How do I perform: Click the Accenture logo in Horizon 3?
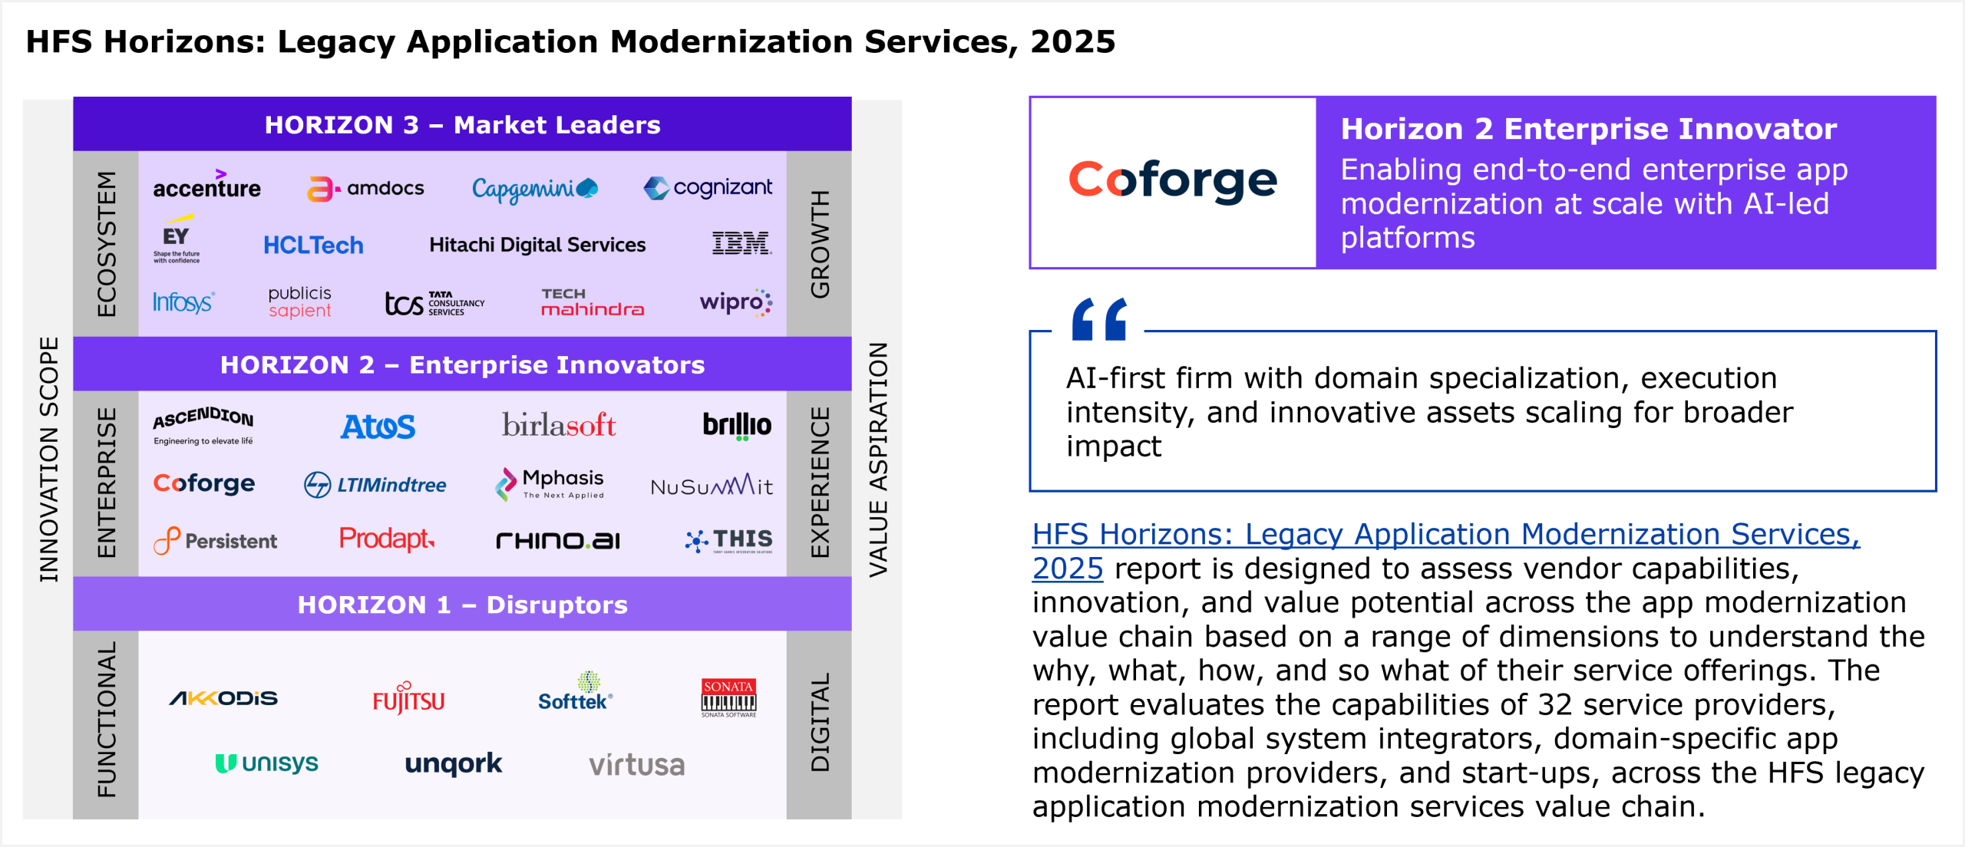[206, 187]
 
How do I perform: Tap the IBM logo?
[741, 243]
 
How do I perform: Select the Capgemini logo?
[534, 189]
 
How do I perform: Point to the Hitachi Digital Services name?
[537, 245]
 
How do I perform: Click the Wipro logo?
[735, 302]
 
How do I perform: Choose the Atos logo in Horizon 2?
[378, 427]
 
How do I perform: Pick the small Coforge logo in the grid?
[204, 483]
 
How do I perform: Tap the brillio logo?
[737, 426]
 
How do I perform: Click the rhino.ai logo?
[558, 541]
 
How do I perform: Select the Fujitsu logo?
[408, 699]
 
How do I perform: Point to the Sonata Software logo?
[728, 697]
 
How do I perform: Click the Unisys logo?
[266, 763]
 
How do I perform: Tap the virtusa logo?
[636, 765]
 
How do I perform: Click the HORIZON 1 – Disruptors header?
[462, 605]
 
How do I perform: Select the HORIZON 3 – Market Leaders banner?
[462, 124]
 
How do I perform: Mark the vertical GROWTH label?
[820, 244]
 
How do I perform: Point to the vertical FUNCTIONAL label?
[106, 720]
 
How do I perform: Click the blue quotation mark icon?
[1099, 319]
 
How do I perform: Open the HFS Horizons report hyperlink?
[1445, 535]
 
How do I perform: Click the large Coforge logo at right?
[1173, 181]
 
